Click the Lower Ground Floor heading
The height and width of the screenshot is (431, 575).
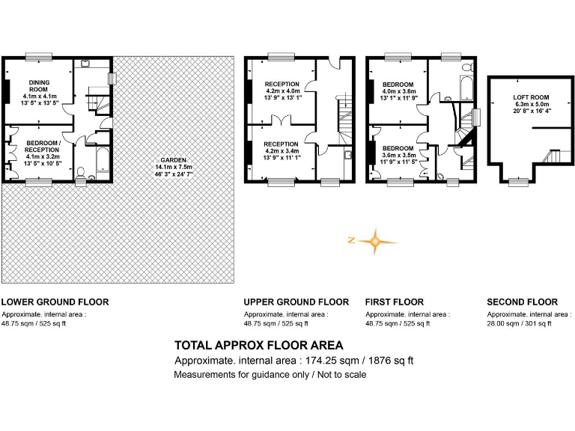[x=55, y=302]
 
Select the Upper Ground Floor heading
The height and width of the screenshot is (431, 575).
[x=296, y=302]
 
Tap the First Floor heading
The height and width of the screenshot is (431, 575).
[x=395, y=302]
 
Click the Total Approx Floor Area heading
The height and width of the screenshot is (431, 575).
[x=259, y=346]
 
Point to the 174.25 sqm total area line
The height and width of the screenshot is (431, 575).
[x=293, y=361]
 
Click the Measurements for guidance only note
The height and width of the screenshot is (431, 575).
[x=270, y=374]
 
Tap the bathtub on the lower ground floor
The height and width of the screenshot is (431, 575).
[x=100, y=159]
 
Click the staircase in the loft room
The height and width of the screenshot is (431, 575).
[x=553, y=157]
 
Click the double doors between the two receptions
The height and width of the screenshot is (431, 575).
[x=280, y=121]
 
